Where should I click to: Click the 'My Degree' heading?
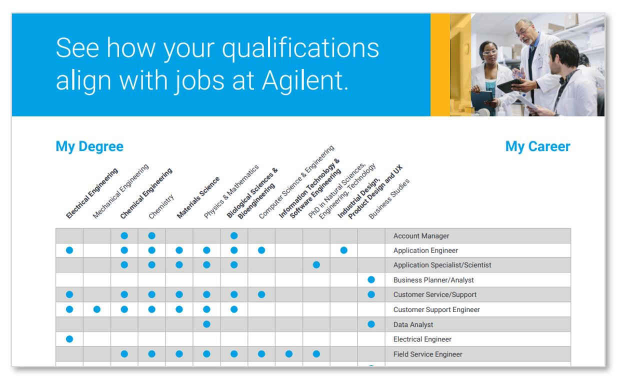click(x=89, y=146)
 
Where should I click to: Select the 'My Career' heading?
click(x=537, y=146)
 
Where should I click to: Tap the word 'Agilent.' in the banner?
click(x=305, y=80)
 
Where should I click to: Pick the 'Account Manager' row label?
click(x=421, y=236)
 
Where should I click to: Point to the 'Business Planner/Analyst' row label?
click(x=433, y=280)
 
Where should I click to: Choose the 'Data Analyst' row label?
click(x=413, y=324)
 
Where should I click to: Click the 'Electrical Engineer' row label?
click(x=422, y=339)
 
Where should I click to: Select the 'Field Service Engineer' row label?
click(x=428, y=354)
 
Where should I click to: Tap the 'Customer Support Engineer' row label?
click(x=436, y=309)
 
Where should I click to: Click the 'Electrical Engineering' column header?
click(x=92, y=193)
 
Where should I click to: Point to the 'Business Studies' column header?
click(x=389, y=199)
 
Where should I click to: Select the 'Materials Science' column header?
click(x=198, y=197)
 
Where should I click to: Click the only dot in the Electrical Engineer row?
click(x=69, y=339)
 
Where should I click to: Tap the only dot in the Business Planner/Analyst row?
click(x=371, y=280)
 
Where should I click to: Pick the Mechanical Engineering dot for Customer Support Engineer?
click(x=97, y=309)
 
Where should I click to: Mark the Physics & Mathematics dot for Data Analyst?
click(x=206, y=324)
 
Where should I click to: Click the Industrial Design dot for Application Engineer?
click(x=344, y=250)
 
